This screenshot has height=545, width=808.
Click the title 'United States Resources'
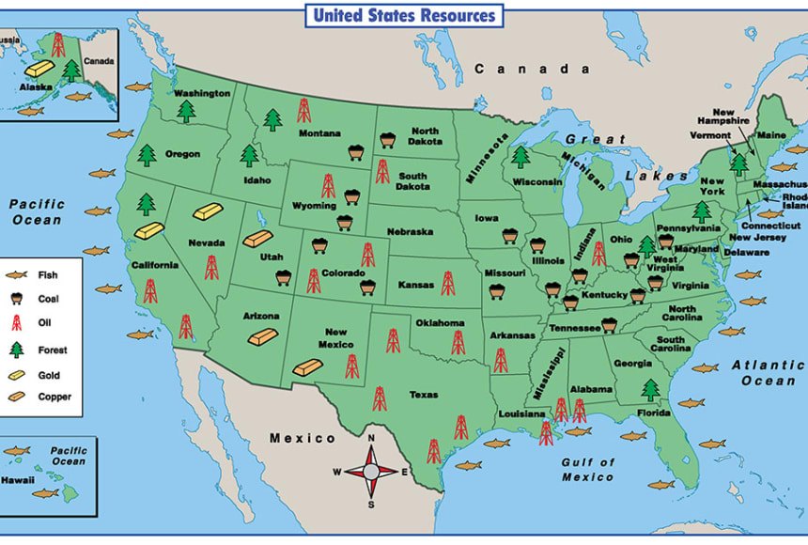(x=403, y=15)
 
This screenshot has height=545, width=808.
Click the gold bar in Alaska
(x=39, y=68)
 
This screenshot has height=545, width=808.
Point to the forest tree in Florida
(x=650, y=389)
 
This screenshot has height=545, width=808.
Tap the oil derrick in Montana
(x=303, y=111)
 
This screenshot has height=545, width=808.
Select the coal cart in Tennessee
(x=609, y=325)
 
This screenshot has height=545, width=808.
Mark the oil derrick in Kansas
(x=447, y=283)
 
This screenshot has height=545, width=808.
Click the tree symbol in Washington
(x=187, y=112)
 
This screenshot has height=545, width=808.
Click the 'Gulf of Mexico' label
(x=588, y=470)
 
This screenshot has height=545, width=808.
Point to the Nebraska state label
(x=411, y=231)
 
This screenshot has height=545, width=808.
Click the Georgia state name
(x=632, y=364)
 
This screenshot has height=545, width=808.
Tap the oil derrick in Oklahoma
(x=458, y=342)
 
